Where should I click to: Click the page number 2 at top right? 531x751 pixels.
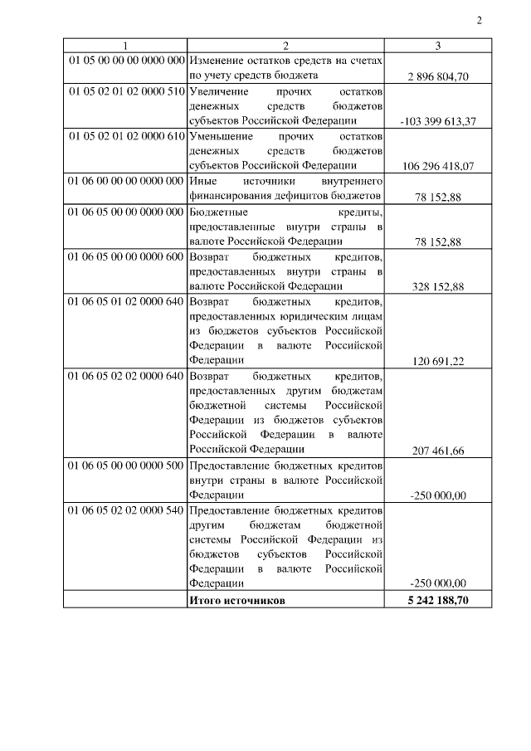[480, 20]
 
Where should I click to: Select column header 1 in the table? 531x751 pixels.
[126, 46]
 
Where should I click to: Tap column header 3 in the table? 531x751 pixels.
[437, 46]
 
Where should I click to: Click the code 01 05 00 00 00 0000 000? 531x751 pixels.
[126, 61]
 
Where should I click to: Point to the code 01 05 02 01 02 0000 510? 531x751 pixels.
[126, 91]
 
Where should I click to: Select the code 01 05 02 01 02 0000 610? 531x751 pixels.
[126, 135]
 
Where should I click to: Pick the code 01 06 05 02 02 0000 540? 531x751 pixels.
[126, 510]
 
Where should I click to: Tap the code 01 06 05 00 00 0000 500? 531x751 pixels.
[126, 466]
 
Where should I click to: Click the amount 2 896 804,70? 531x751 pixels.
[438, 76]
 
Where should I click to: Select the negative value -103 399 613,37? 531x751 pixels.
[437, 121]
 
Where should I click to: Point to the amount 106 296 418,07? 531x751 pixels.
[438, 166]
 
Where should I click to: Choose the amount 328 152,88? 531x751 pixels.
[438, 286]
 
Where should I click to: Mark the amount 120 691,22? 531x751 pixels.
[438, 361]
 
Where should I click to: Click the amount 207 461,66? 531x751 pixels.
[438, 451]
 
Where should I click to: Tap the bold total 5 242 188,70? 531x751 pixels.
[438, 599]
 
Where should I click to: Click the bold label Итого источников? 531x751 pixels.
[237, 599]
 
